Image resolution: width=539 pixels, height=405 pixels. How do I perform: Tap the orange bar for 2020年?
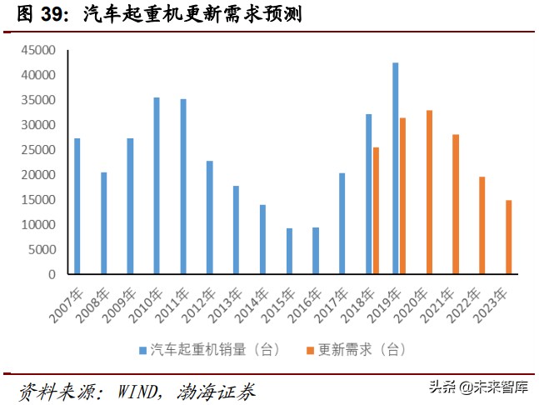429,192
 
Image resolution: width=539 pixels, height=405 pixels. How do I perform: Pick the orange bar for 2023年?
509,237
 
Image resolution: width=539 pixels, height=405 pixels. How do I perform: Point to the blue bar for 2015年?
289,251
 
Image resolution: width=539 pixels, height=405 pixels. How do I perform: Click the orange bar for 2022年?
482,225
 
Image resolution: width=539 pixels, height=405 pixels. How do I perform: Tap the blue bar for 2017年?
342,223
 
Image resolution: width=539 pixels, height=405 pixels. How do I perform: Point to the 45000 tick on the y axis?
37,51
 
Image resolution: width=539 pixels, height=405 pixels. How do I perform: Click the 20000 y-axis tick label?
37,175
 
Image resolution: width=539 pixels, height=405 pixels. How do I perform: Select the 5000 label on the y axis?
41,250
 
